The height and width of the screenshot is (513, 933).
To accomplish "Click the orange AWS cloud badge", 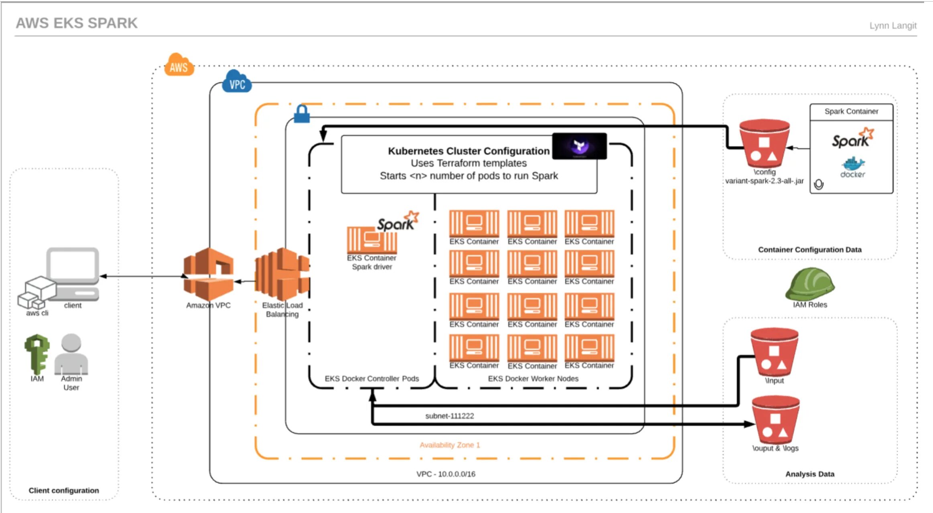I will [178, 65].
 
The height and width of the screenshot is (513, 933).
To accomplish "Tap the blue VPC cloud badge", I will [237, 82].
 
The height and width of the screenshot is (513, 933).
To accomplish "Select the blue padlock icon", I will [302, 114].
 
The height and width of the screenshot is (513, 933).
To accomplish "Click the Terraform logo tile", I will [579, 146].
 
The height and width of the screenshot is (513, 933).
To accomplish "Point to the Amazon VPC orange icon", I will [208, 275].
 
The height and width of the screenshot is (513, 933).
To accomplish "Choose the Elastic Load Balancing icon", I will [282, 275].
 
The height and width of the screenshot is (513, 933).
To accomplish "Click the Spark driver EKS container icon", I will [372, 240].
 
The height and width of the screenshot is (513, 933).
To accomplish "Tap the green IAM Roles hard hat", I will [809, 284].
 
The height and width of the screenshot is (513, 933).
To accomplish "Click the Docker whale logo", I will [853, 164].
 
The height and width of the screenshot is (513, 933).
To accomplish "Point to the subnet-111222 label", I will [449, 416].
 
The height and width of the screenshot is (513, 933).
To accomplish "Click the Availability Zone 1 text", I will [450, 445].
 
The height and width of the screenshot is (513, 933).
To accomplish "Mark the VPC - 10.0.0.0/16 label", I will [446, 474].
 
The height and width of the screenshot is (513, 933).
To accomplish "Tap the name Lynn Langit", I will [892, 26].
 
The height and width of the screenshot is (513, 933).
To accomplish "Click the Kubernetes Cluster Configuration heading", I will [469, 151].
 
